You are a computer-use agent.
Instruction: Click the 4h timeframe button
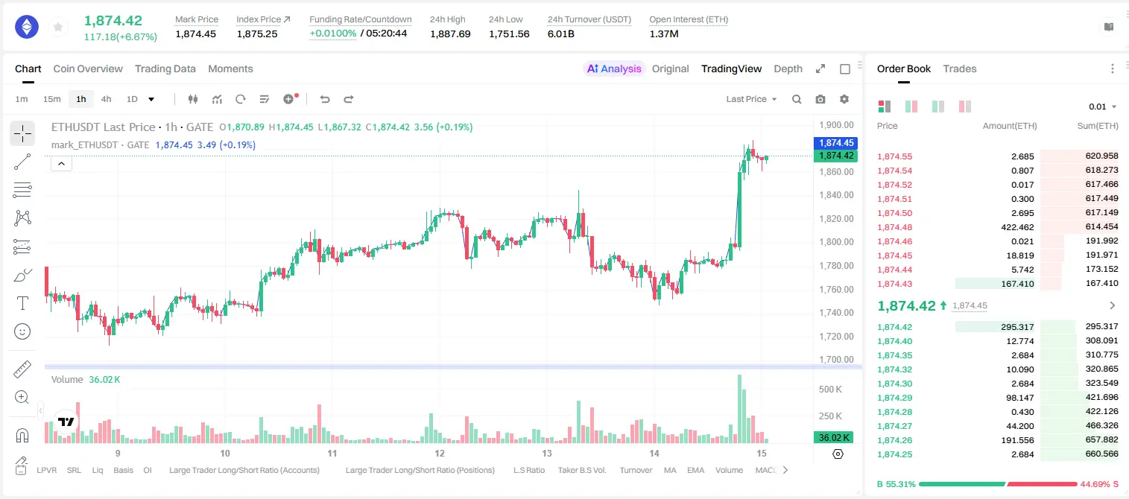pyautogui.click(x=106, y=99)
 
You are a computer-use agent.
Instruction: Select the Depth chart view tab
pyautogui.click(x=788, y=69)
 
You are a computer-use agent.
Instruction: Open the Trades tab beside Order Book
pyautogui.click(x=960, y=69)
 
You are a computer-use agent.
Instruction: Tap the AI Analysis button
pyautogui.click(x=614, y=69)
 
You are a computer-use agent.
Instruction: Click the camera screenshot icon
pyautogui.click(x=820, y=99)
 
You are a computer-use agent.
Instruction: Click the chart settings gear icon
pyautogui.click(x=844, y=99)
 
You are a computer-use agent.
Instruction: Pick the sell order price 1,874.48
pyautogui.click(x=895, y=227)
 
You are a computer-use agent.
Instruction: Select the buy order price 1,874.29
pyautogui.click(x=895, y=397)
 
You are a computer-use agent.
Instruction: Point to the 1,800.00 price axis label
pyautogui.click(x=836, y=242)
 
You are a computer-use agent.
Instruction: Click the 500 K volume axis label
pyautogui.click(x=830, y=390)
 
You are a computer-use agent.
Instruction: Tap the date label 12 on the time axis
pyautogui.click(x=440, y=453)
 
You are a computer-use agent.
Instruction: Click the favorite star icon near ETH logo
pyautogui.click(x=58, y=28)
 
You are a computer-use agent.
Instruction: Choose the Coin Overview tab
pyautogui.click(x=88, y=69)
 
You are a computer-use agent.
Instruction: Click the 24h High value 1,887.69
pyautogui.click(x=450, y=34)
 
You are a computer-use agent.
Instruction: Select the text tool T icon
pyautogui.click(x=22, y=303)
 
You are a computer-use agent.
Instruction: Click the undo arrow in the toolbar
pyautogui.click(x=325, y=99)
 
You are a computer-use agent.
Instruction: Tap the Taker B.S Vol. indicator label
pyautogui.click(x=581, y=470)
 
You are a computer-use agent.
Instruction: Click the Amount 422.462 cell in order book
pyautogui.click(x=1017, y=227)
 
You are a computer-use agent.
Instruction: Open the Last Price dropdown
pyautogui.click(x=751, y=99)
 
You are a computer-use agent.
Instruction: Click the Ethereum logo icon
pyautogui.click(x=27, y=27)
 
